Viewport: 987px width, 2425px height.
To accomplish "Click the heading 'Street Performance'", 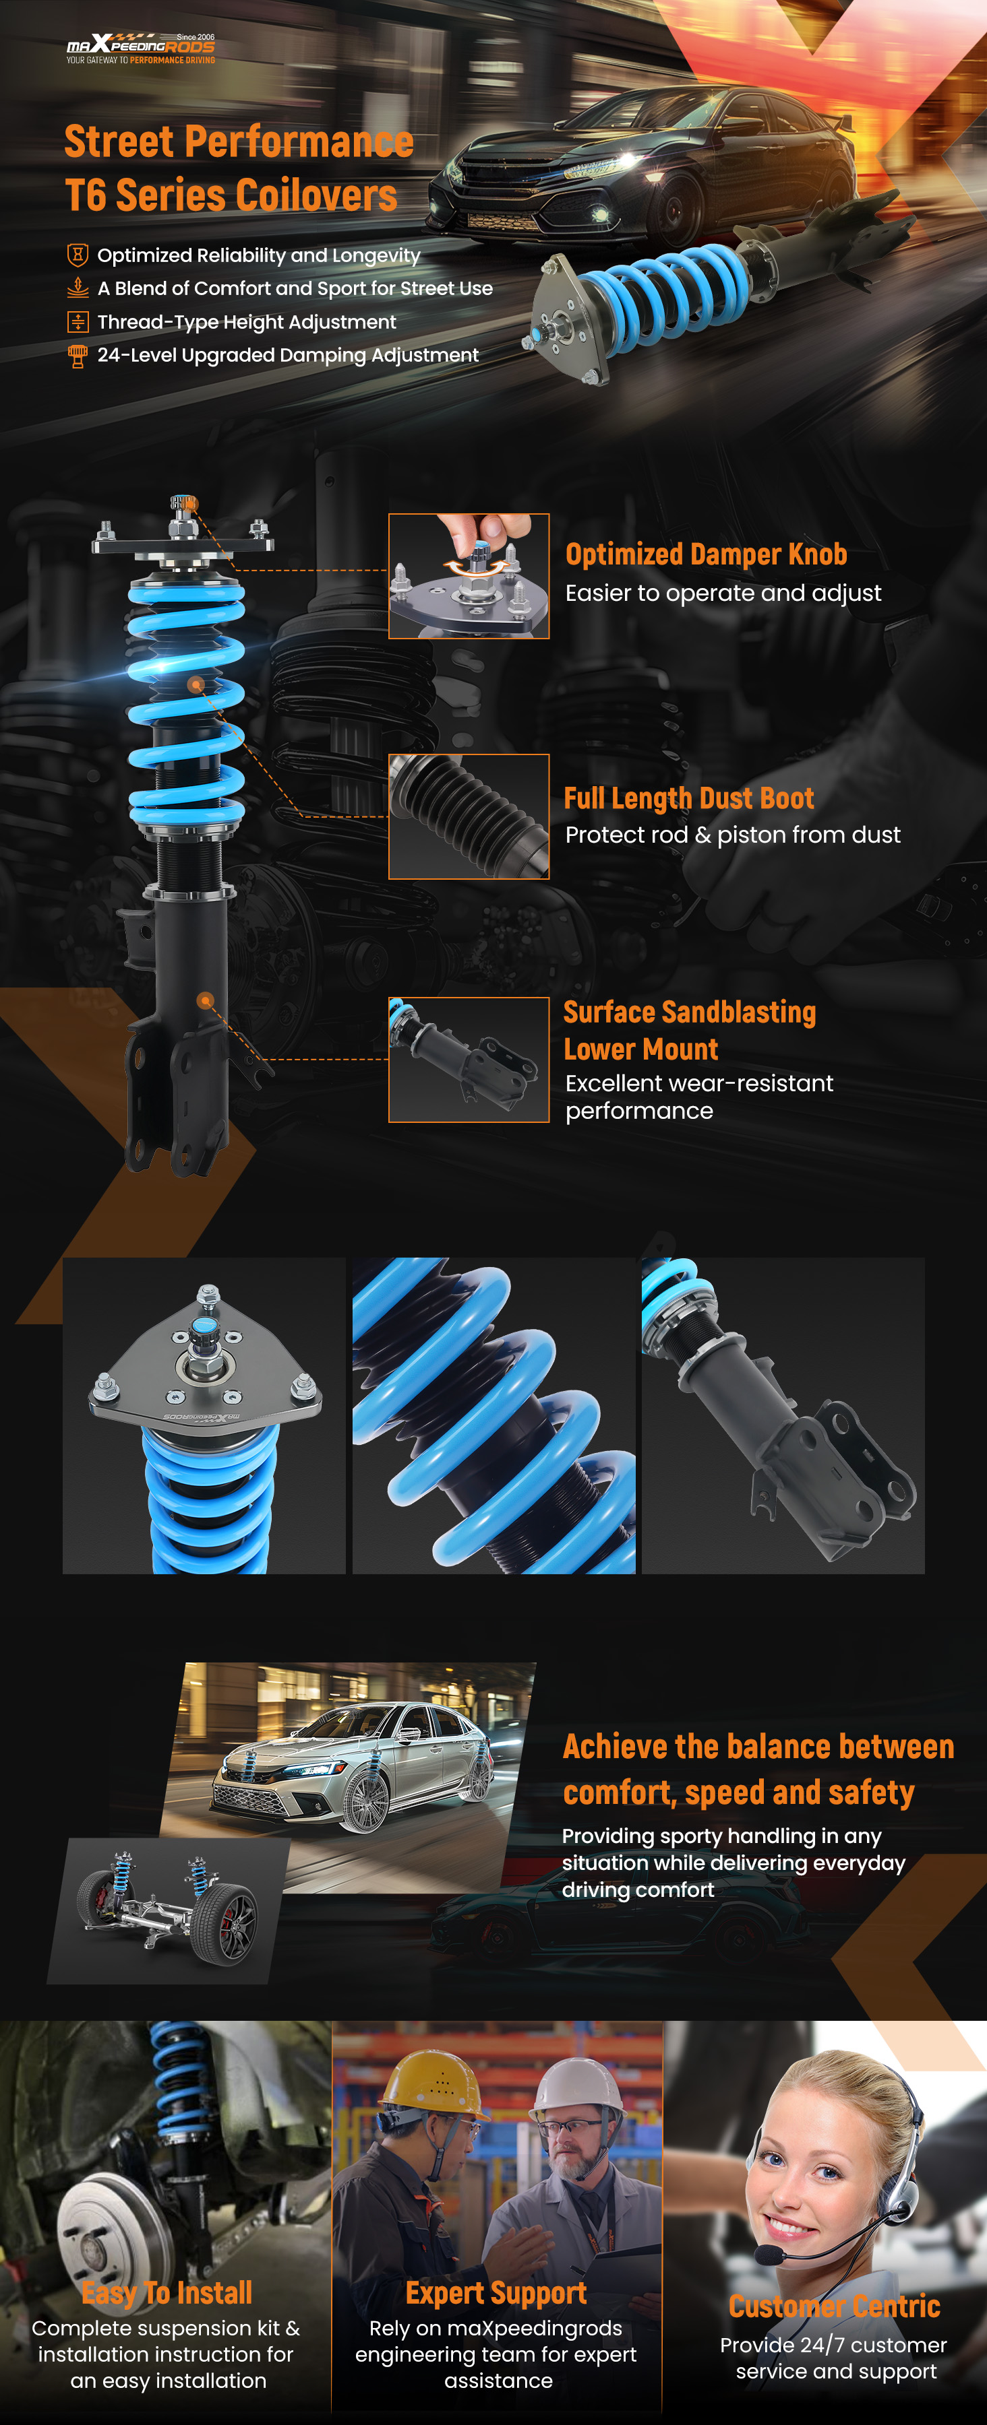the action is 239,142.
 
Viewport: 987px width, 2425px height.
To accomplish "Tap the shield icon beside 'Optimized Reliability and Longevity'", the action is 78,255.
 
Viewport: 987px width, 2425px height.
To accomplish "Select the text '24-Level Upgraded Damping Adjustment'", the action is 288,355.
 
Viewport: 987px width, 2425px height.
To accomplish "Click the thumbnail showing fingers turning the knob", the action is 469,576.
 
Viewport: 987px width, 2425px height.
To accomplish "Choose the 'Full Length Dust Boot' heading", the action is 688,798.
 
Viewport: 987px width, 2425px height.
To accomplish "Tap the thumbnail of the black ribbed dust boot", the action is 469,816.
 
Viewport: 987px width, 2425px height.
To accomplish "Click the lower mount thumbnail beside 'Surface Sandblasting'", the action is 469,1060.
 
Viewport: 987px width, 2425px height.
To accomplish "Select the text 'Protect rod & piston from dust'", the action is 733,835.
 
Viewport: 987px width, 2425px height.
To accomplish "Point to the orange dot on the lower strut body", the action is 206,1001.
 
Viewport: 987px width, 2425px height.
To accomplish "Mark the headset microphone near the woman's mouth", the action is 769,2255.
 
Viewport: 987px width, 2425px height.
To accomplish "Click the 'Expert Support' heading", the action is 496,2292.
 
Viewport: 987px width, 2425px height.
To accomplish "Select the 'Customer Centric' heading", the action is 835,2306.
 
